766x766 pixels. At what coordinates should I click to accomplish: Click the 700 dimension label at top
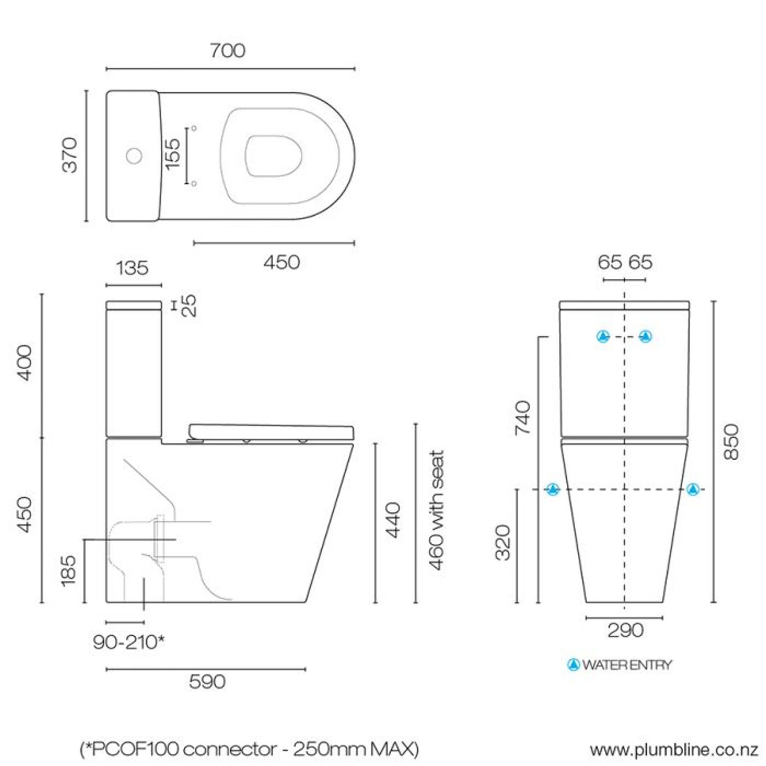point(227,50)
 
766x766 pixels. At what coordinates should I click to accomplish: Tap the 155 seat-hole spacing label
point(173,154)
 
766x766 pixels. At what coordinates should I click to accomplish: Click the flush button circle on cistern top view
point(134,156)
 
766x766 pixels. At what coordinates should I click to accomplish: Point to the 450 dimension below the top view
point(282,262)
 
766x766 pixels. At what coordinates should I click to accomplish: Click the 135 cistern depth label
point(132,268)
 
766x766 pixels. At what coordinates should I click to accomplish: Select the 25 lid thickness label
point(189,306)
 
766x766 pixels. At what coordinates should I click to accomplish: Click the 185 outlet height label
point(68,570)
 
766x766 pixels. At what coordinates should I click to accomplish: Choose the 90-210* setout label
point(128,643)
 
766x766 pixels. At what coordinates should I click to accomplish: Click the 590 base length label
point(207,682)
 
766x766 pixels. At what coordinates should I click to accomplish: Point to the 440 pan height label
point(393,520)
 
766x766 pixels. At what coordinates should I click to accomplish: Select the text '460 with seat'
point(436,511)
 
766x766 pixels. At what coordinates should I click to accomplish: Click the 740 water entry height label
point(522,418)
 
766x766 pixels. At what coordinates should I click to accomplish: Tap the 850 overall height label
point(731,442)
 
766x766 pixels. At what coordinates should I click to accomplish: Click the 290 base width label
point(625,631)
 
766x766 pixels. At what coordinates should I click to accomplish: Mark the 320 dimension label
point(503,543)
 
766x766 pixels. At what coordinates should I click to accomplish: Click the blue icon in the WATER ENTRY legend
point(573,665)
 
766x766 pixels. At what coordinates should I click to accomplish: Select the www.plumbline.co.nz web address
point(674,750)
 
